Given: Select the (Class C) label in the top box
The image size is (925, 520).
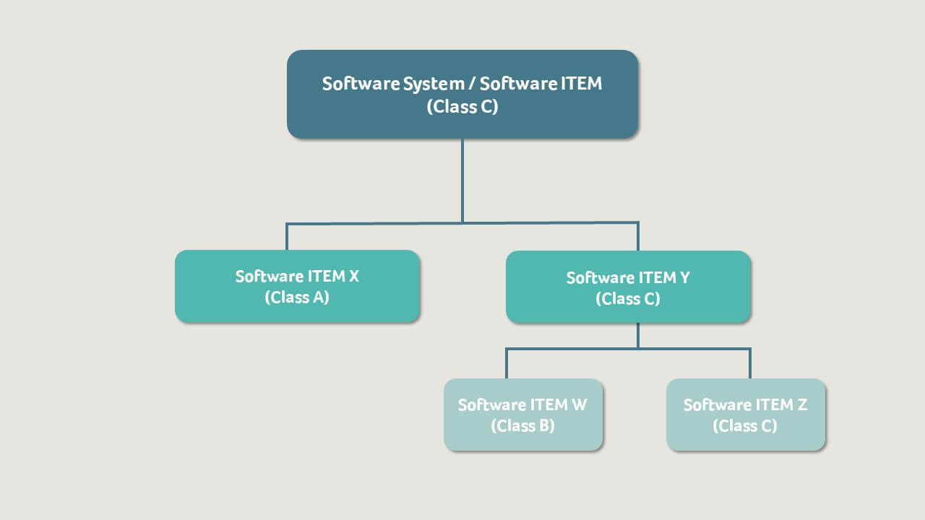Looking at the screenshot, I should click(x=462, y=106).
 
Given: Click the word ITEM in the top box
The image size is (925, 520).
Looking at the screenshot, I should click(x=581, y=84).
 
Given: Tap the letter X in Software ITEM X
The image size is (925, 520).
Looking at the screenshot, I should click(x=353, y=277).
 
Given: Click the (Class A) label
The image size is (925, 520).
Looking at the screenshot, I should click(x=297, y=297).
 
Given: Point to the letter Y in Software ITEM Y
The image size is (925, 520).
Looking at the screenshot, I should click(x=684, y=278).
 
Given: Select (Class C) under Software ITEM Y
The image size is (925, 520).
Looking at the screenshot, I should click(x=628, y=299).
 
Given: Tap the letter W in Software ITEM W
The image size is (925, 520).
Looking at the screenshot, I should click(x=579, y=405).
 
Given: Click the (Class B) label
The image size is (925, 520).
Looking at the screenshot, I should click(x=522, y=425).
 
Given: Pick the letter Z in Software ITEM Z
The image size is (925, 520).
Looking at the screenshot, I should click(x=801, y=405).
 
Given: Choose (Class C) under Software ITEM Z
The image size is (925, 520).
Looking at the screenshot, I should click(x=745, y=425).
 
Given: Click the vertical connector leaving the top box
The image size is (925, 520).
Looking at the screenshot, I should click(x=462, y=181).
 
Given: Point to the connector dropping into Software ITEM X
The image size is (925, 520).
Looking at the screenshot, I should click(x=287, y=237).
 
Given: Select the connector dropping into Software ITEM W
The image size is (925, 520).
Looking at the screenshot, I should click(x=506, y=364).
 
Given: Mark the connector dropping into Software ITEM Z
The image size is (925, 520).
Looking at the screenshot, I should click(x=750, y=364).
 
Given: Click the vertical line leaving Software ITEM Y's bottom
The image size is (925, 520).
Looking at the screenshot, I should click(x=638, y=336).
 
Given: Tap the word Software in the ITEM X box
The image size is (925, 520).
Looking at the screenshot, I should click(x=269, y=277).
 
